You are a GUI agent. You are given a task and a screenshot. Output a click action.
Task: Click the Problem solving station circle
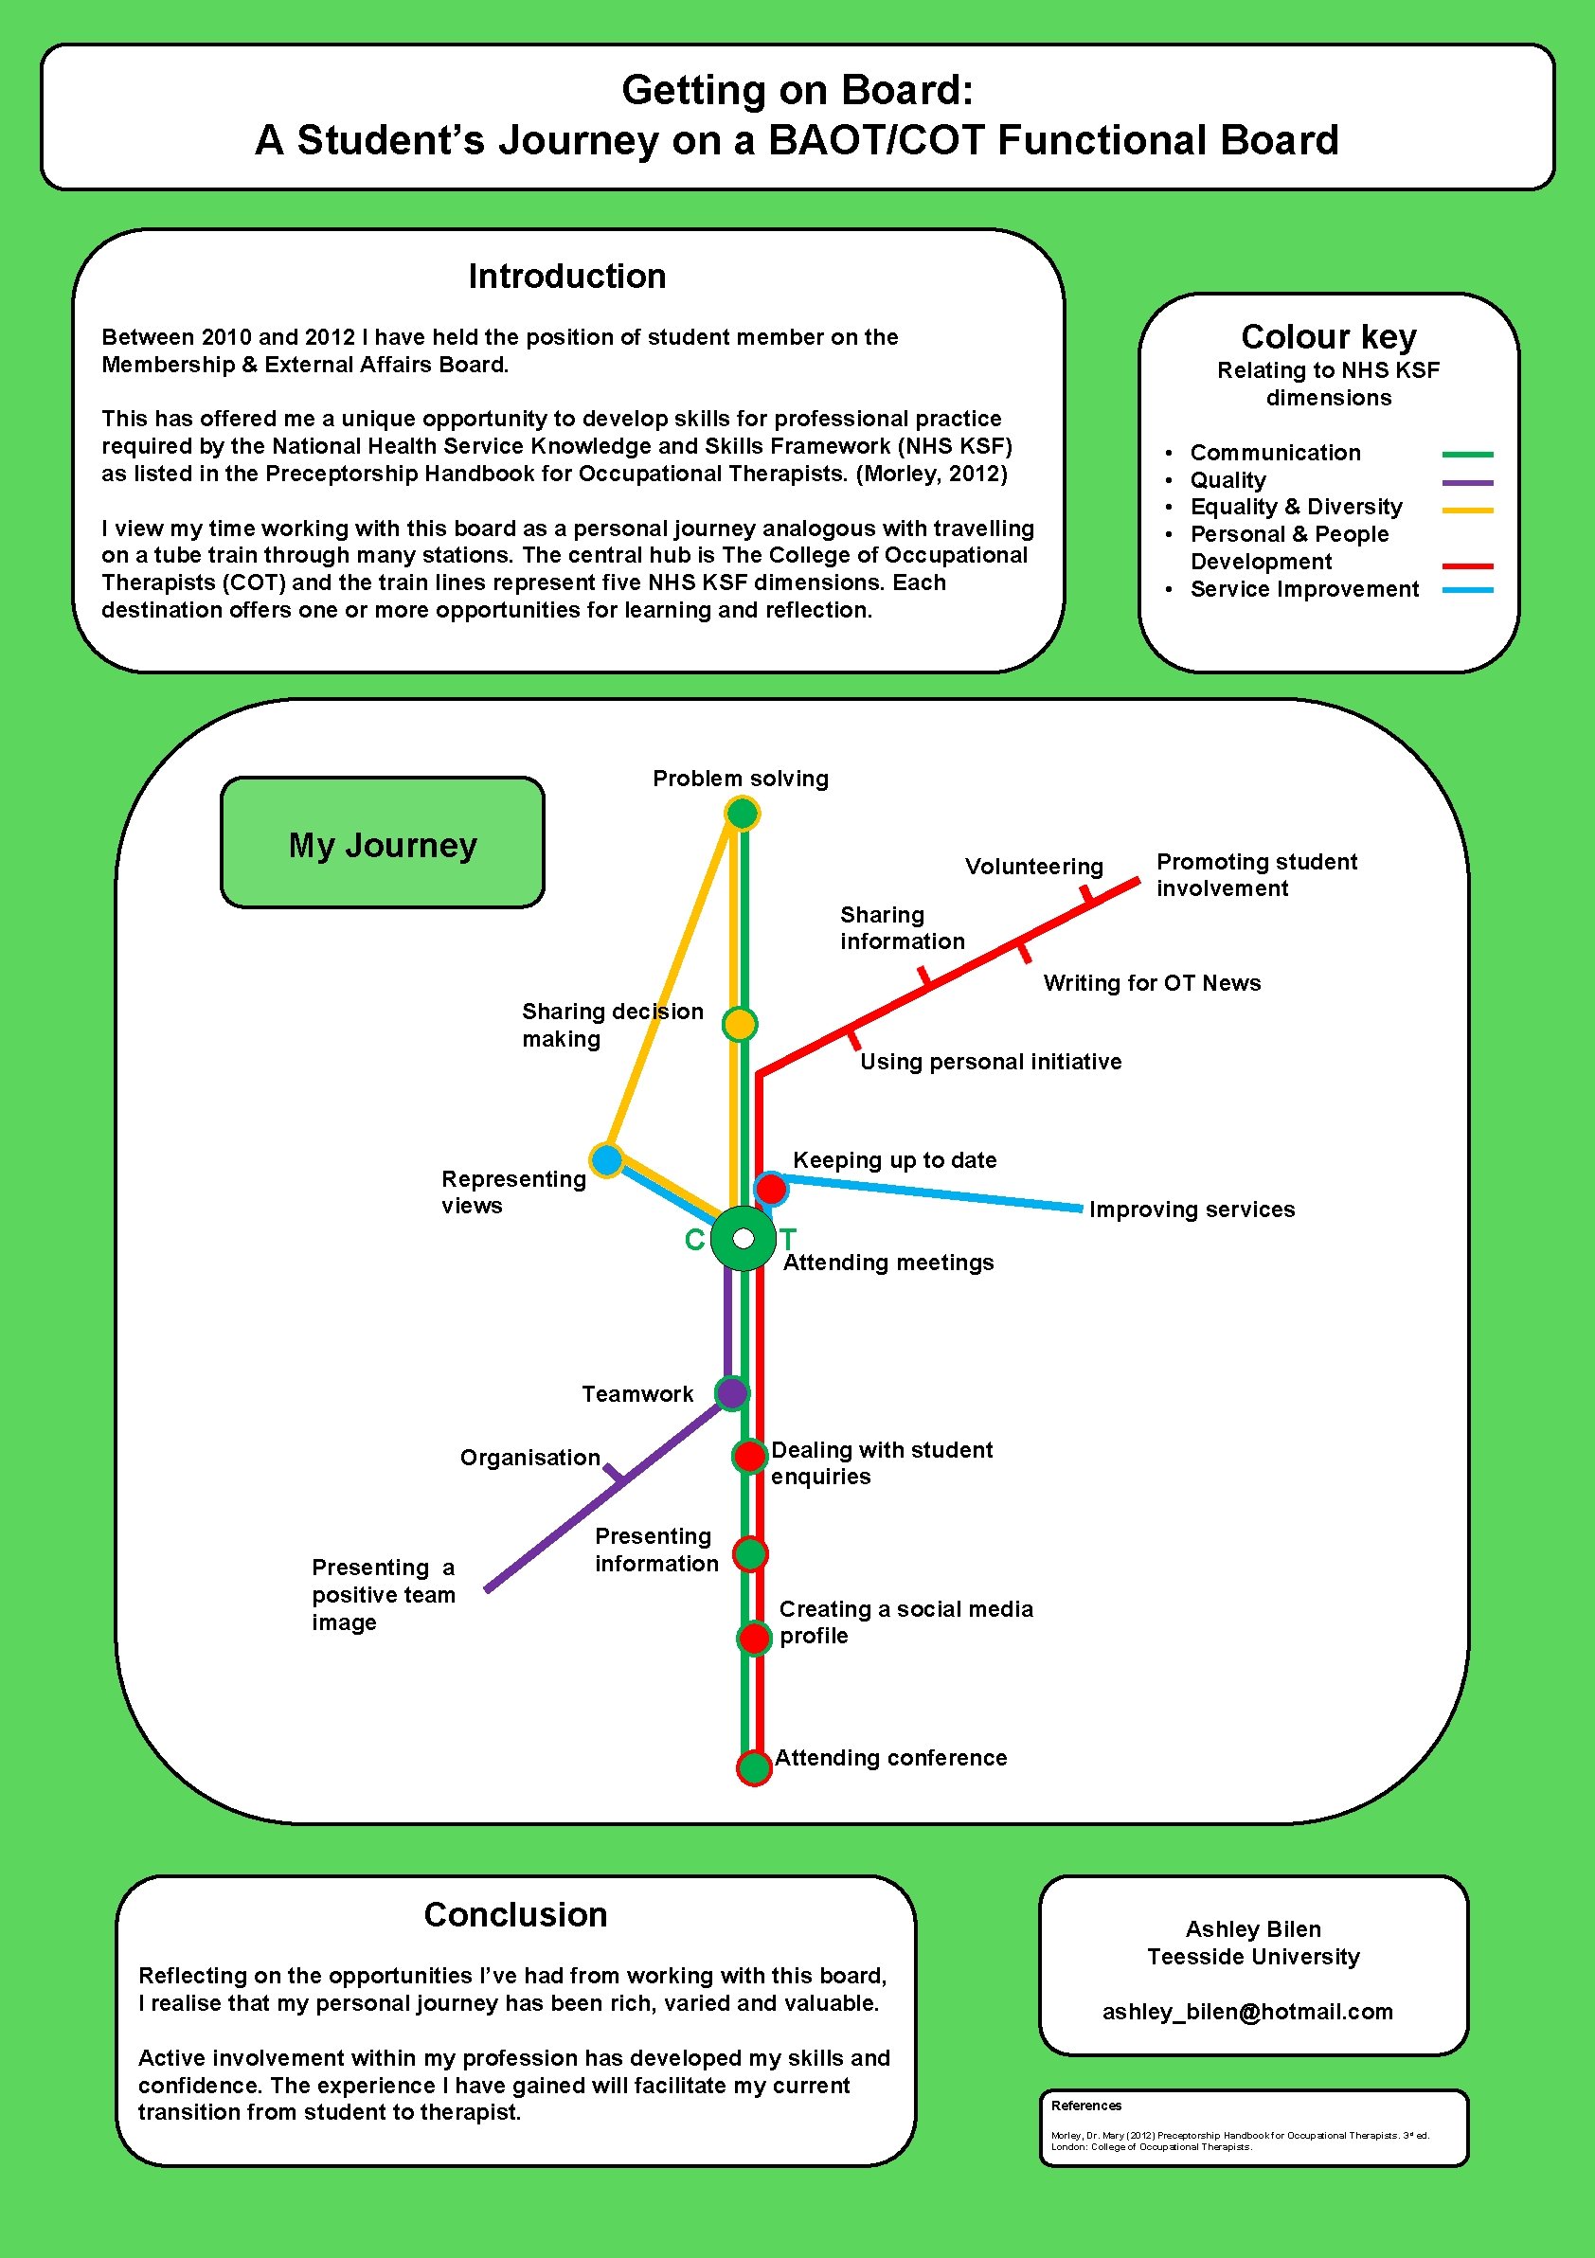point(743,814)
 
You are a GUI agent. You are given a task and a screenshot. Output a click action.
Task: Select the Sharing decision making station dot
point(740,1024)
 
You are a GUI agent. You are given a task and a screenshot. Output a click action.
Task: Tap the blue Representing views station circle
point(607,1159)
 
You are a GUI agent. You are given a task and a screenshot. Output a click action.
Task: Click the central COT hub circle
point(744,1238)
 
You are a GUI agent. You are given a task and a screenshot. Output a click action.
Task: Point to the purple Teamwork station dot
point(731,1392)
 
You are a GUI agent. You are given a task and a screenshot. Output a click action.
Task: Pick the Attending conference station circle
point(754,1767)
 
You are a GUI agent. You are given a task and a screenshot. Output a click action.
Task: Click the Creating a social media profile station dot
point(754,1639)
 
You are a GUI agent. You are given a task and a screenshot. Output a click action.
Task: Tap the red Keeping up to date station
point(771,1188)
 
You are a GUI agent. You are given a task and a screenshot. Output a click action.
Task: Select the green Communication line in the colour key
point(1467,455)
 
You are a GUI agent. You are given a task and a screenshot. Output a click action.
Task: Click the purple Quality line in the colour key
point(1467,482)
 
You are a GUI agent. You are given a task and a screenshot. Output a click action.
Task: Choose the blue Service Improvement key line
point(1467,590)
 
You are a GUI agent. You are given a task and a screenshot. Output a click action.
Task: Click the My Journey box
point(383,843)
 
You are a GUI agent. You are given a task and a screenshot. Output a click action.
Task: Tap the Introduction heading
point(567,277)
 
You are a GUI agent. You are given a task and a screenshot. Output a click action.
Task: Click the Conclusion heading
point(515,1915)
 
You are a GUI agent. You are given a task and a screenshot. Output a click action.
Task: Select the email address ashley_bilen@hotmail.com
point(1246,2011)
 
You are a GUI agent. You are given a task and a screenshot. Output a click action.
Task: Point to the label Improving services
point(1192,1210)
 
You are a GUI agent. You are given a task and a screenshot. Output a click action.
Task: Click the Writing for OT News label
point(1152,983)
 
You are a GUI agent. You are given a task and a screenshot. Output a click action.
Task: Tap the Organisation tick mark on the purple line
point(615,1473)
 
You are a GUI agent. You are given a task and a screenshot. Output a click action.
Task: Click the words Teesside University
point(1253,1956)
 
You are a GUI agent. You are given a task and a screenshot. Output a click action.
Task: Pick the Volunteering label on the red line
point(1033,867)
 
